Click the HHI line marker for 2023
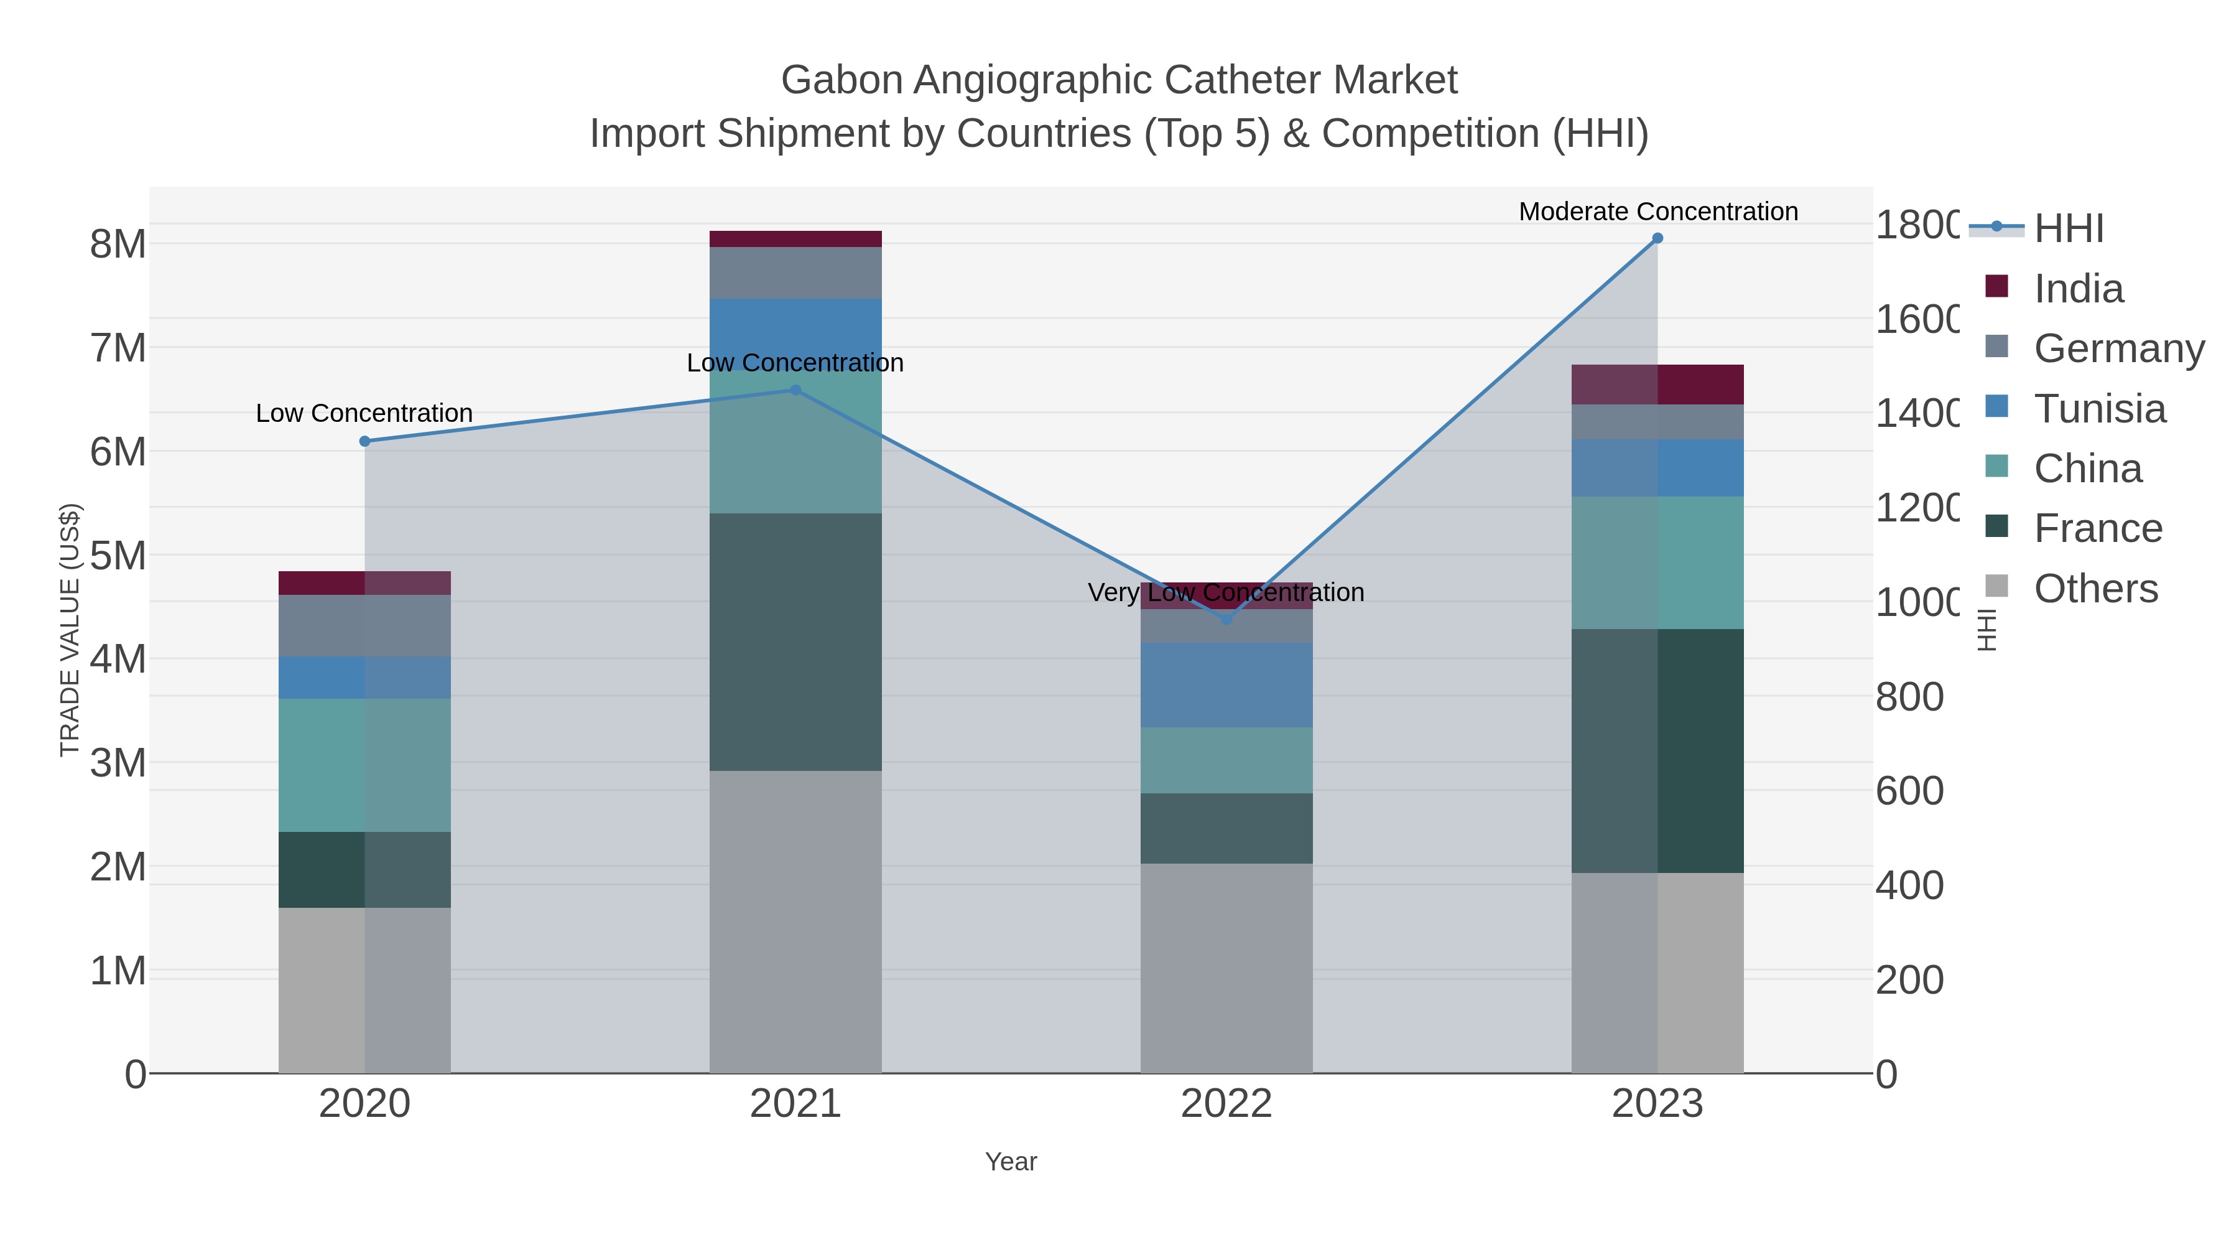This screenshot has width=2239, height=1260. point(1657,238)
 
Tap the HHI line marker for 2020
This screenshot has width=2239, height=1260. point(365,442)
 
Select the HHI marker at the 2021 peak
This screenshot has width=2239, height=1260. point(795,390)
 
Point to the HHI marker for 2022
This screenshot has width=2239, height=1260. point(1226,620)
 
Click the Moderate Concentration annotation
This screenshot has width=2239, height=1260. point(1657,212)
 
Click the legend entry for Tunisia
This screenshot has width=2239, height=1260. point(2099,409)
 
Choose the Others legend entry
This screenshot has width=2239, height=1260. point(2095,589)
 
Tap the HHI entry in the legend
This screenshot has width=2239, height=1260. point(2069,229)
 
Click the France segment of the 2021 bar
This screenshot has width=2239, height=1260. point(795,642)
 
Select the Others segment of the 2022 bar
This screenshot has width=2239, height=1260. point(1226,967)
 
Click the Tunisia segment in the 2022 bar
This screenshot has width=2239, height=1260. point(1226,685)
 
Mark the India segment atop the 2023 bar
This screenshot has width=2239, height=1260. point(1657,385)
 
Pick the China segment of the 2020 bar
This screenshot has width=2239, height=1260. point(365,765)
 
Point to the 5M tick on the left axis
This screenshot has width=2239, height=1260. point(118,556)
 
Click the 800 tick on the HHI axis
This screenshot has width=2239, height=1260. point(1909,698)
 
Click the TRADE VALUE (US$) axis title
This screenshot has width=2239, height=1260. point(70,630)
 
